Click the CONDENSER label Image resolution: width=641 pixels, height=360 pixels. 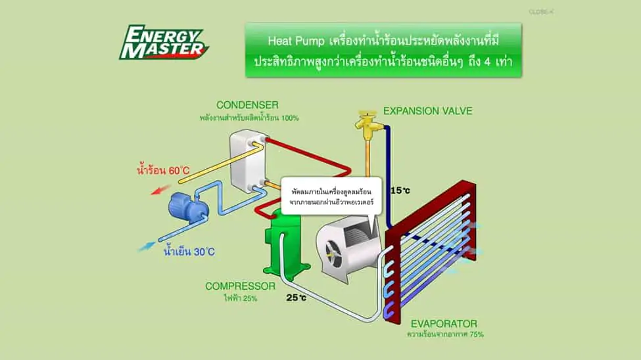[x=249, y=105]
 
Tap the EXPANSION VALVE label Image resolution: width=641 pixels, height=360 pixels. [x=427, y=111]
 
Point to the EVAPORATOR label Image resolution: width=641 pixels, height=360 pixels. [x=444, y=323]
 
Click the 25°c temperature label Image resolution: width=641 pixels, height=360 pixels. [x=297, y=298]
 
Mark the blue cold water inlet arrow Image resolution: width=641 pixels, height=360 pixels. [x=147, y=246]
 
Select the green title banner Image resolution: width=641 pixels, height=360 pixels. [x=383, y=51]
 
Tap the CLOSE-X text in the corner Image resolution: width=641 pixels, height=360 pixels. [x=540, y=12]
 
